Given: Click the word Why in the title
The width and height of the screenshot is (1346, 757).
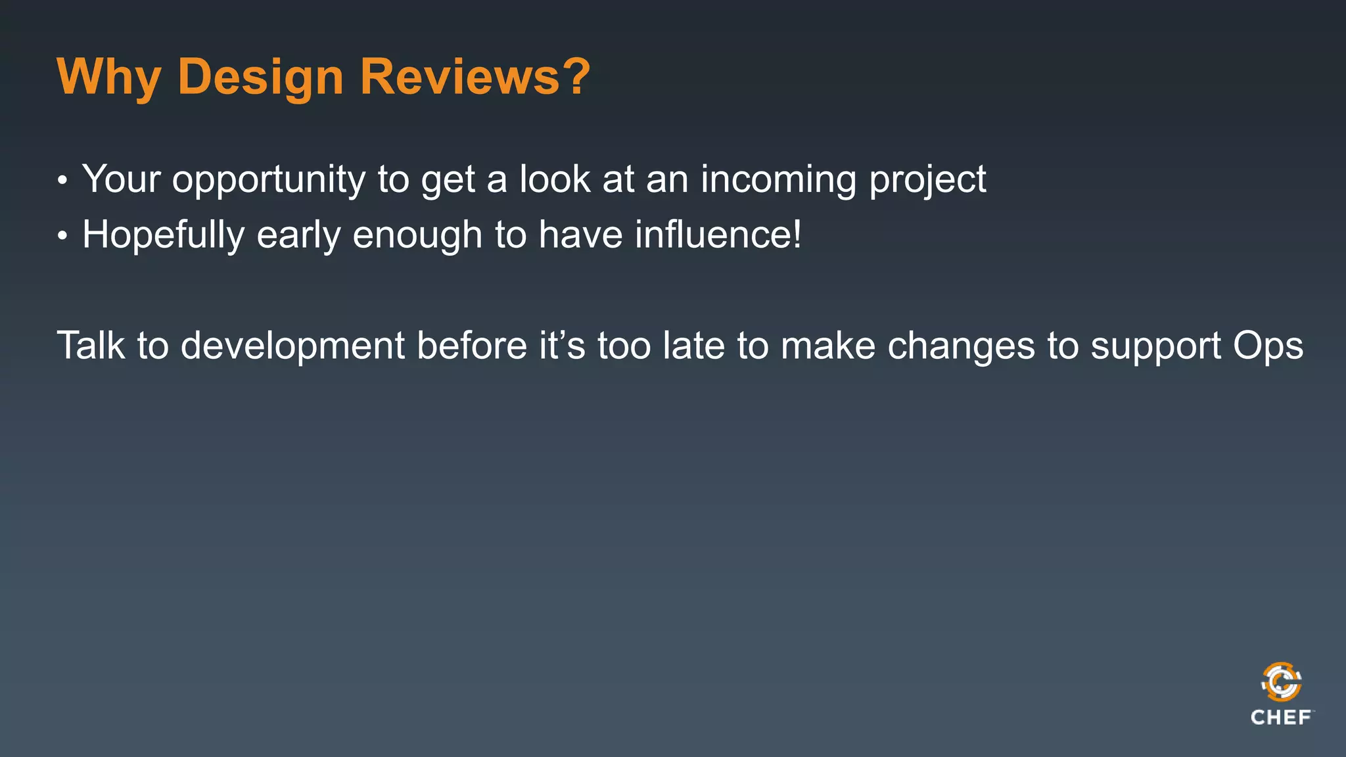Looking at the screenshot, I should click(108, 78).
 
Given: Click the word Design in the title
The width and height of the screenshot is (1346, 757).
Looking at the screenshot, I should click(260, 78).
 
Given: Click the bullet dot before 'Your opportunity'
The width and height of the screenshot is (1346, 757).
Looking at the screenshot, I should click(62, 180).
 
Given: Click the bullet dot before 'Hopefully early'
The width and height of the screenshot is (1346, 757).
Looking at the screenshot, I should click(62, 236).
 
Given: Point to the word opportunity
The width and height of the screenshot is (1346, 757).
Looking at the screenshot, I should click(268, 180).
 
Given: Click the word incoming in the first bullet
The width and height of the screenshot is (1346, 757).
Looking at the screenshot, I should click(778, 180).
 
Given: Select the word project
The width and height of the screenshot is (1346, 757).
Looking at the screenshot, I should click(927, 180).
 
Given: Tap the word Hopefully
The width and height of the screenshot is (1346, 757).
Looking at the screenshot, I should click(163, 235).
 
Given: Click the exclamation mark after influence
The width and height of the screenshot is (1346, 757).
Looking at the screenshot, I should click(797, 234).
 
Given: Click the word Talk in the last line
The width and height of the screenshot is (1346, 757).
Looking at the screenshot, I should click(91, 346).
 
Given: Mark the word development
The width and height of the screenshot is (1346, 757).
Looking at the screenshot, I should click(292, 347).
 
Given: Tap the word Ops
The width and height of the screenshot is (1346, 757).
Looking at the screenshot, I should click(1268, 347).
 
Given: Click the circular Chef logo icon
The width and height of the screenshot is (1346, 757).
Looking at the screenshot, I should click(1281, 682).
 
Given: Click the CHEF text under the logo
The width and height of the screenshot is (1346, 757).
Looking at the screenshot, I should click(1280, 718).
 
